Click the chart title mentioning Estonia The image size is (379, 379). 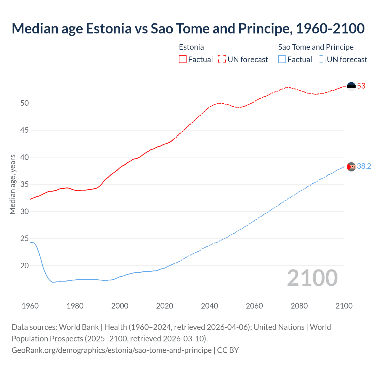[188, 29]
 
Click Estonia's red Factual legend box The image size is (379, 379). [183, 59]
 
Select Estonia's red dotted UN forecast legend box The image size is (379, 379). [222, 59]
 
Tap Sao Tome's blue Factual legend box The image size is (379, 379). [282, 59]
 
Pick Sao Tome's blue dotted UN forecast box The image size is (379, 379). [322, 59]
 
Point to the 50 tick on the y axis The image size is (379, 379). [25, 103]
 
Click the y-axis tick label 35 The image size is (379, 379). [25, 184]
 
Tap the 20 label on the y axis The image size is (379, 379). [25, 266]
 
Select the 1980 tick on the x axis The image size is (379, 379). [75, 306]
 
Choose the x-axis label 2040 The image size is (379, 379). [209, 306]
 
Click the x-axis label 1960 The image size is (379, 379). [30, 306]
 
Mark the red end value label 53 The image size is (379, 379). [361, 86]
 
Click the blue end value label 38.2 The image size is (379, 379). [364, 166]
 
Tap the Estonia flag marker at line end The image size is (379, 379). [351, 86]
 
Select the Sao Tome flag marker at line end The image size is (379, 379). [351, 167]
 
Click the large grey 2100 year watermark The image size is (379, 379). [312, 278]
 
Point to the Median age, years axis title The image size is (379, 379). [12, 184]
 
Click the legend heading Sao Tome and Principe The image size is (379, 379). [316, 47]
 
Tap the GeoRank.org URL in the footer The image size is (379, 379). [112, 350]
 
